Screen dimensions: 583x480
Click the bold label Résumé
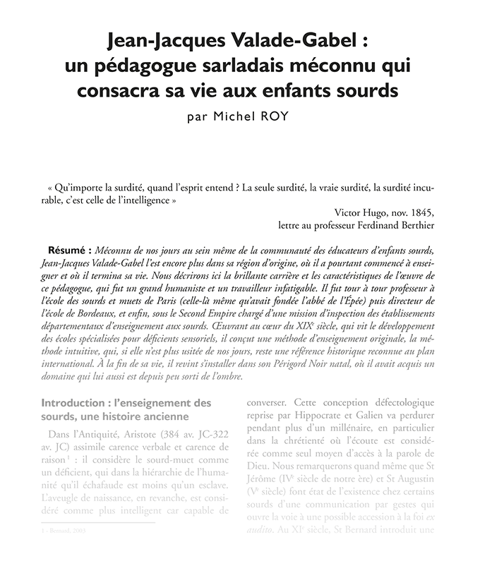click(x=66, y=251)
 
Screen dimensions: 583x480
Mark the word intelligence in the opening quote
click(x=143, y=200)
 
